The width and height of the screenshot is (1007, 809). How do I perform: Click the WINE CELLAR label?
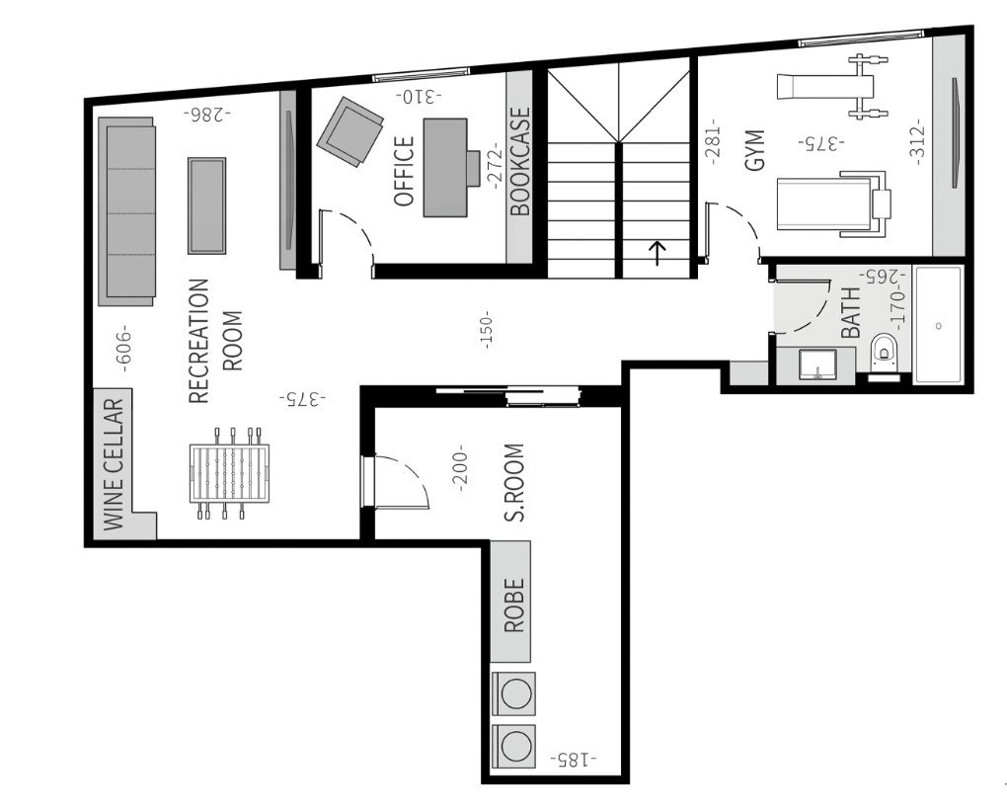[x=113, y=464]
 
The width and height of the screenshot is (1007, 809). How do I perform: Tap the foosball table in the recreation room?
[x=230, y=472]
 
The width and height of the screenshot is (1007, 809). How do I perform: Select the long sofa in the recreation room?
[x=126, y=211]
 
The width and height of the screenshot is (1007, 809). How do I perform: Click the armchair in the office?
[x=349, y=131]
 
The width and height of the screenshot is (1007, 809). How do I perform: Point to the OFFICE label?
[x=404, y=171]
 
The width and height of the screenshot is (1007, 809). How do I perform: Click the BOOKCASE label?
[x=520, y=161]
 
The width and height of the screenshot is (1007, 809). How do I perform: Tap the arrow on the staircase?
[x=657, y=253]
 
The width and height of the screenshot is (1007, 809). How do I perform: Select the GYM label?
[x=755, y=150]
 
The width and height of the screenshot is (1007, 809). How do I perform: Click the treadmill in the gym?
[x=833, y=203]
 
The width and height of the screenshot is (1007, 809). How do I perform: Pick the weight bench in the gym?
[x=833, y=87]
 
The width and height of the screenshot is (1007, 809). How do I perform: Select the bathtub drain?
[x=938, y=326]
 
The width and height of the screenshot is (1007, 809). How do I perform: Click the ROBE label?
[x=514, y=606]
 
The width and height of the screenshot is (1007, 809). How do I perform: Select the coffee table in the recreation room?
[x=206, y=205]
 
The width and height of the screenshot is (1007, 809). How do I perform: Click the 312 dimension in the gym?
[x=917, y=141]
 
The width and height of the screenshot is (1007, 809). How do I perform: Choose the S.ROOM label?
[x=514, y=482]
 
